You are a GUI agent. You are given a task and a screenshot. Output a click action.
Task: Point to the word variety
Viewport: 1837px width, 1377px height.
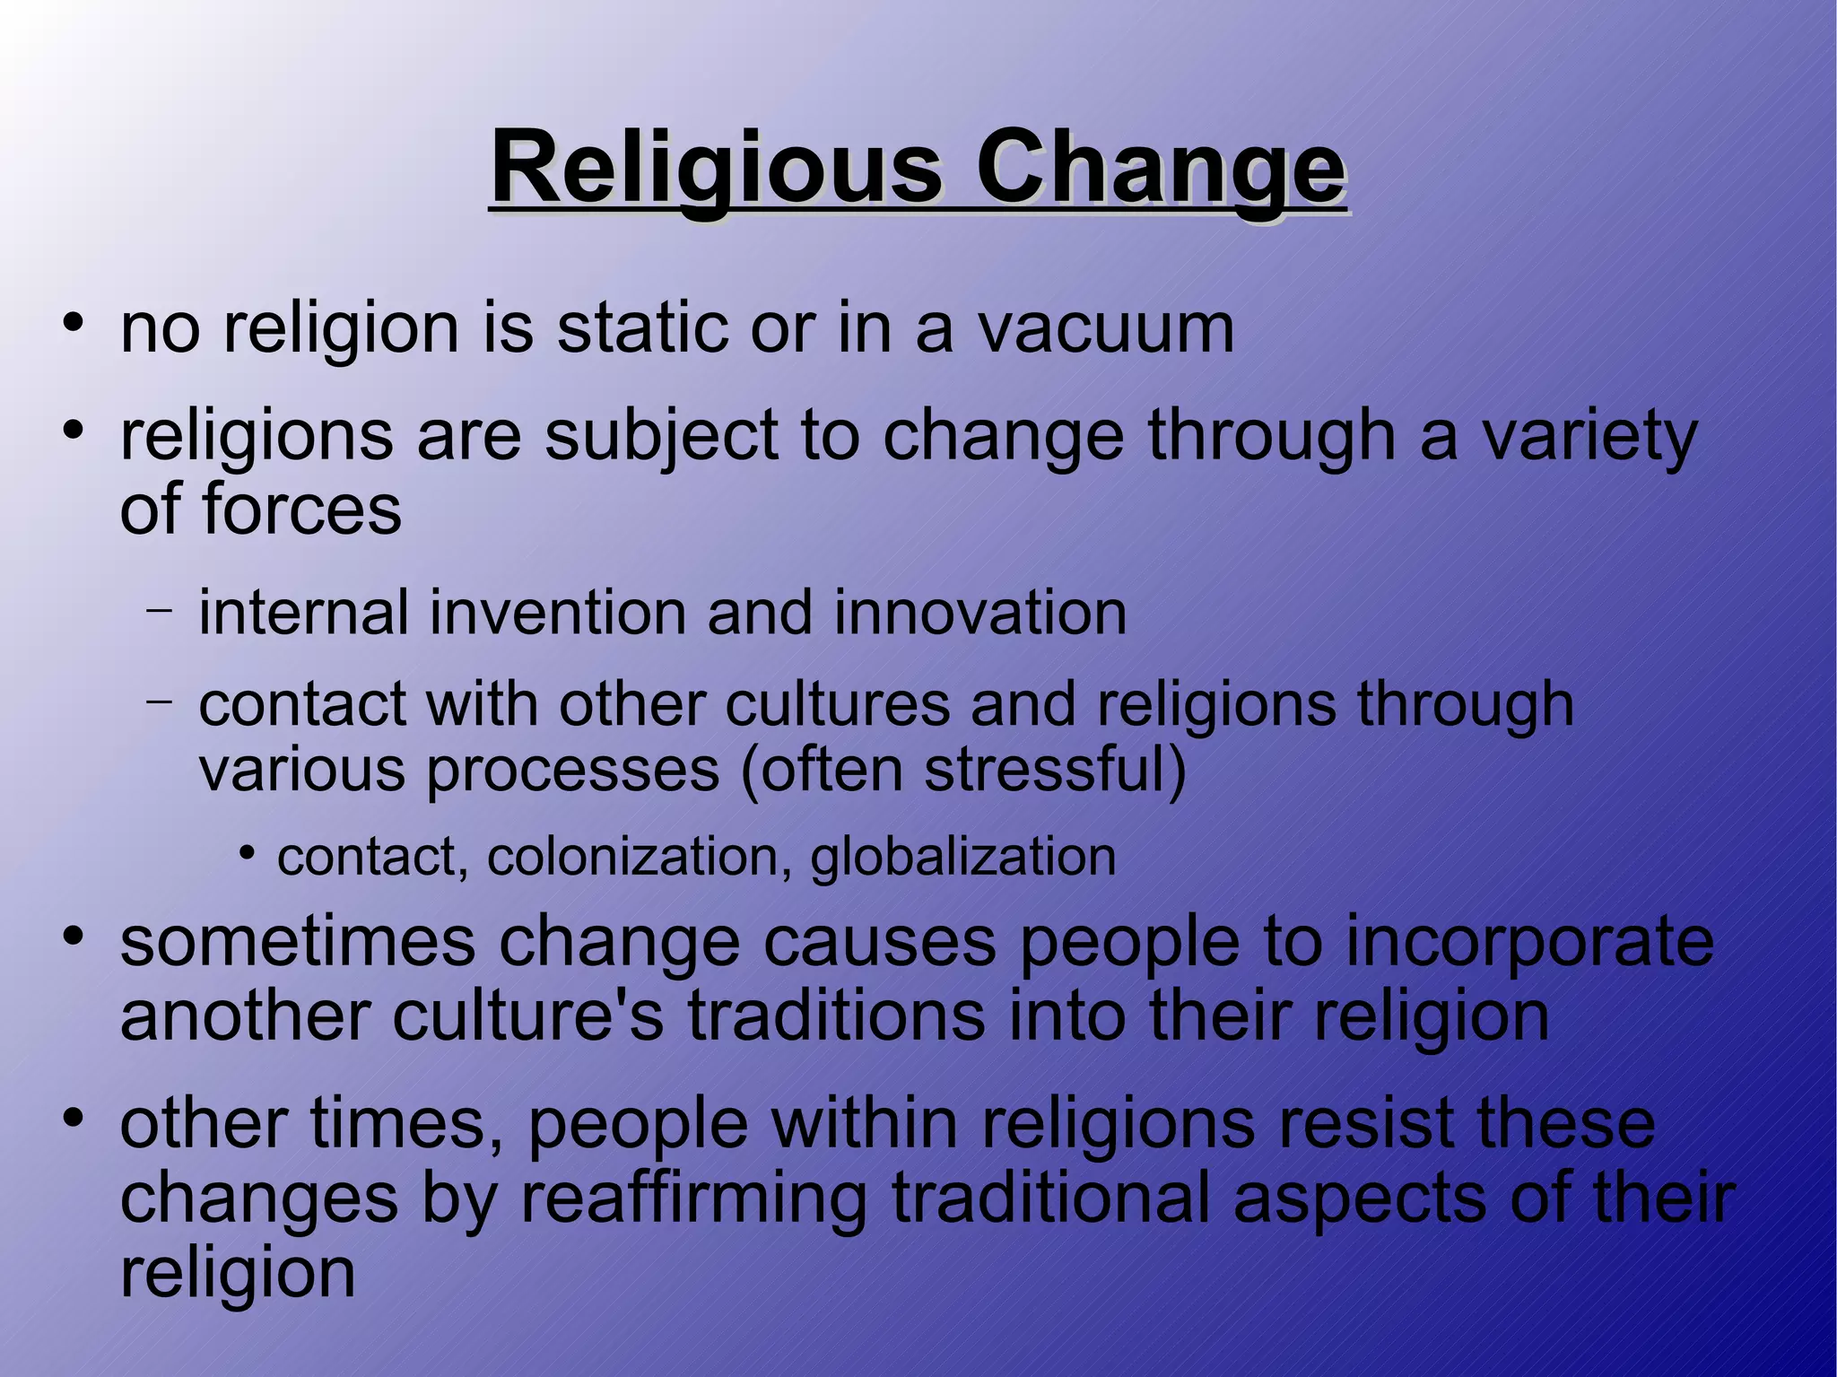coord(1589,438)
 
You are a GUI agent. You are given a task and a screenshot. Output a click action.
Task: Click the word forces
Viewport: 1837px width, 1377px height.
coord(301,510)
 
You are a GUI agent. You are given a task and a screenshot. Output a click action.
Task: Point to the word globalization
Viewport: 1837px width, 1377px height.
coord(963,858)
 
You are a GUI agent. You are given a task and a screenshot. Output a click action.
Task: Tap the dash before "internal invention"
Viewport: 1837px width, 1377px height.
coord(159,610)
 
